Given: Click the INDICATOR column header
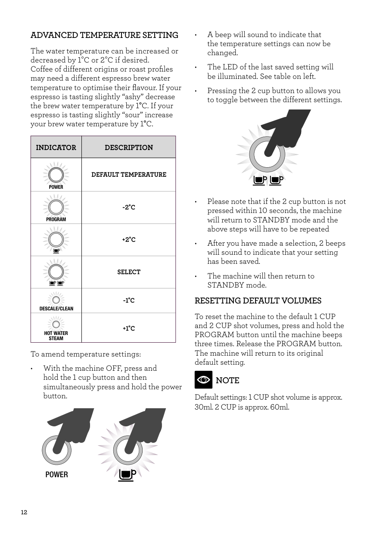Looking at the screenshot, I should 56,147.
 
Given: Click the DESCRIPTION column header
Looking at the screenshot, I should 129,147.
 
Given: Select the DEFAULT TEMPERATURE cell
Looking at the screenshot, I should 129,175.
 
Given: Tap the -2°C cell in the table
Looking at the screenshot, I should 128,207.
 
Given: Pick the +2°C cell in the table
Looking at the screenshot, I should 128,240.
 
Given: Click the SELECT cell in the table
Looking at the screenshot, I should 129,272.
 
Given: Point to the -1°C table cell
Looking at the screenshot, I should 128,300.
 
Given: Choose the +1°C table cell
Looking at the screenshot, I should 128,329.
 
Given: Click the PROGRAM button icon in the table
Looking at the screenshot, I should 56,207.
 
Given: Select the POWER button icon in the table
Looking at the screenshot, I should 56,175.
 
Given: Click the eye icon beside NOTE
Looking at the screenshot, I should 203,380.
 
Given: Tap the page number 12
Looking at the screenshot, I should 24,512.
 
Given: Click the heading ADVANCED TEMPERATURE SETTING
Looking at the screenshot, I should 104,35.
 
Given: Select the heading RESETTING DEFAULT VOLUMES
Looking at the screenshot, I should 258,300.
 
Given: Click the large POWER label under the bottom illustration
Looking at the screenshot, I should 57,475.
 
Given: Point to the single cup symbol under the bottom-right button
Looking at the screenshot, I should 128,475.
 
